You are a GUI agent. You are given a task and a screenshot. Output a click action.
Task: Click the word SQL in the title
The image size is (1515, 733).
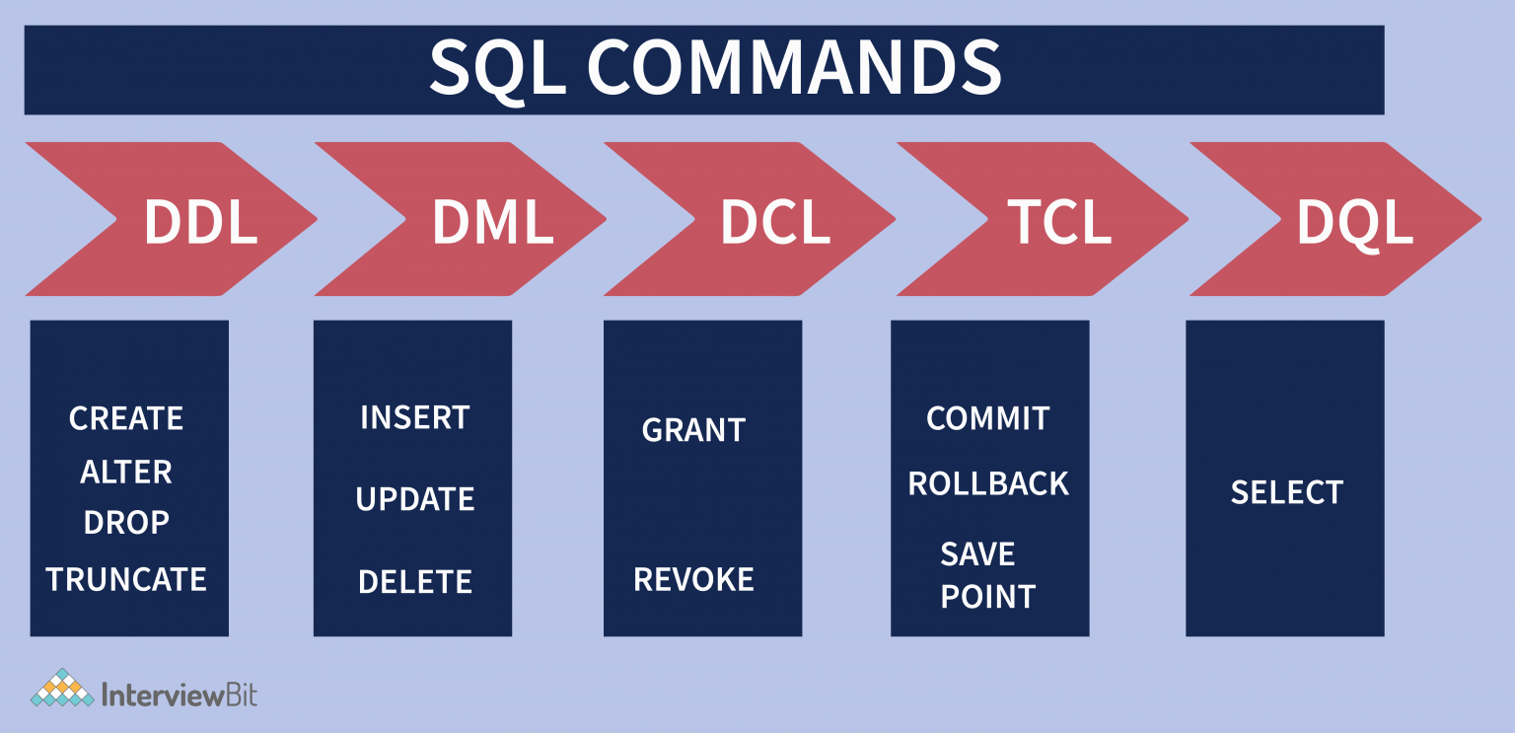pos(498,69)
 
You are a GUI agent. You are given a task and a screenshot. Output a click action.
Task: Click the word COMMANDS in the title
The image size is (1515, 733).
pos(795,67)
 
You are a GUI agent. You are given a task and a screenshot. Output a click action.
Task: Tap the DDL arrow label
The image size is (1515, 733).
pos(200,222)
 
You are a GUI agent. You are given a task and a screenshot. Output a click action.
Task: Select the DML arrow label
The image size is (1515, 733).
pos(492,222)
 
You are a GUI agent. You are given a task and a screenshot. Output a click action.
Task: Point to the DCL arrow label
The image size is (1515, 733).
pos(775,222)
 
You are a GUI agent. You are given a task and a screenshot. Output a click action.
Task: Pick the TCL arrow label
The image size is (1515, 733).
pos(1059,222)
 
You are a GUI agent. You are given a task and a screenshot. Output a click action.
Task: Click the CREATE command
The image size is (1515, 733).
pos(126,418)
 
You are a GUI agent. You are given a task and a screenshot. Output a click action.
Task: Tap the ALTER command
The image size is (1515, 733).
pos(126,472)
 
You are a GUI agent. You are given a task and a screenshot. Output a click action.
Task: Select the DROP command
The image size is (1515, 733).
pos(126,523)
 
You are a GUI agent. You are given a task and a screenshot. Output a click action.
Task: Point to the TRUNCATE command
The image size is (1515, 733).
pos(126,579)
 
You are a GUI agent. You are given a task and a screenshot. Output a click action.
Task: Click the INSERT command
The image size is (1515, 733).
pos(414,417)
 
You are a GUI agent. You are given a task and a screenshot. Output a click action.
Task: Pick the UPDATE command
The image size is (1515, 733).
pos(414,499)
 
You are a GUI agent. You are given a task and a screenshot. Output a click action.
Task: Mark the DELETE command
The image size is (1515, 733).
pos(414,581)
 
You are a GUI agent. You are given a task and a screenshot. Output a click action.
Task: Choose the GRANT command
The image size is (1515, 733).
pos(693,430)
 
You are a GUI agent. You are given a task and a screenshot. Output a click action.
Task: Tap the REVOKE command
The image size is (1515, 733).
pos(693,579)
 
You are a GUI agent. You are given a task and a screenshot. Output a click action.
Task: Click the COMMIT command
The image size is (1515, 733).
pos(987,418)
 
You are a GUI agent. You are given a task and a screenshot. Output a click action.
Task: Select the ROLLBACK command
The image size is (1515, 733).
pos(988,483)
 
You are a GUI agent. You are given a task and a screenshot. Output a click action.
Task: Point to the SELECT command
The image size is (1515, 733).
pos(1286,492)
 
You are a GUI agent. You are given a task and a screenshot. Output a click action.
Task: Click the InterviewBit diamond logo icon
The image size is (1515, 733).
pos(62,689)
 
